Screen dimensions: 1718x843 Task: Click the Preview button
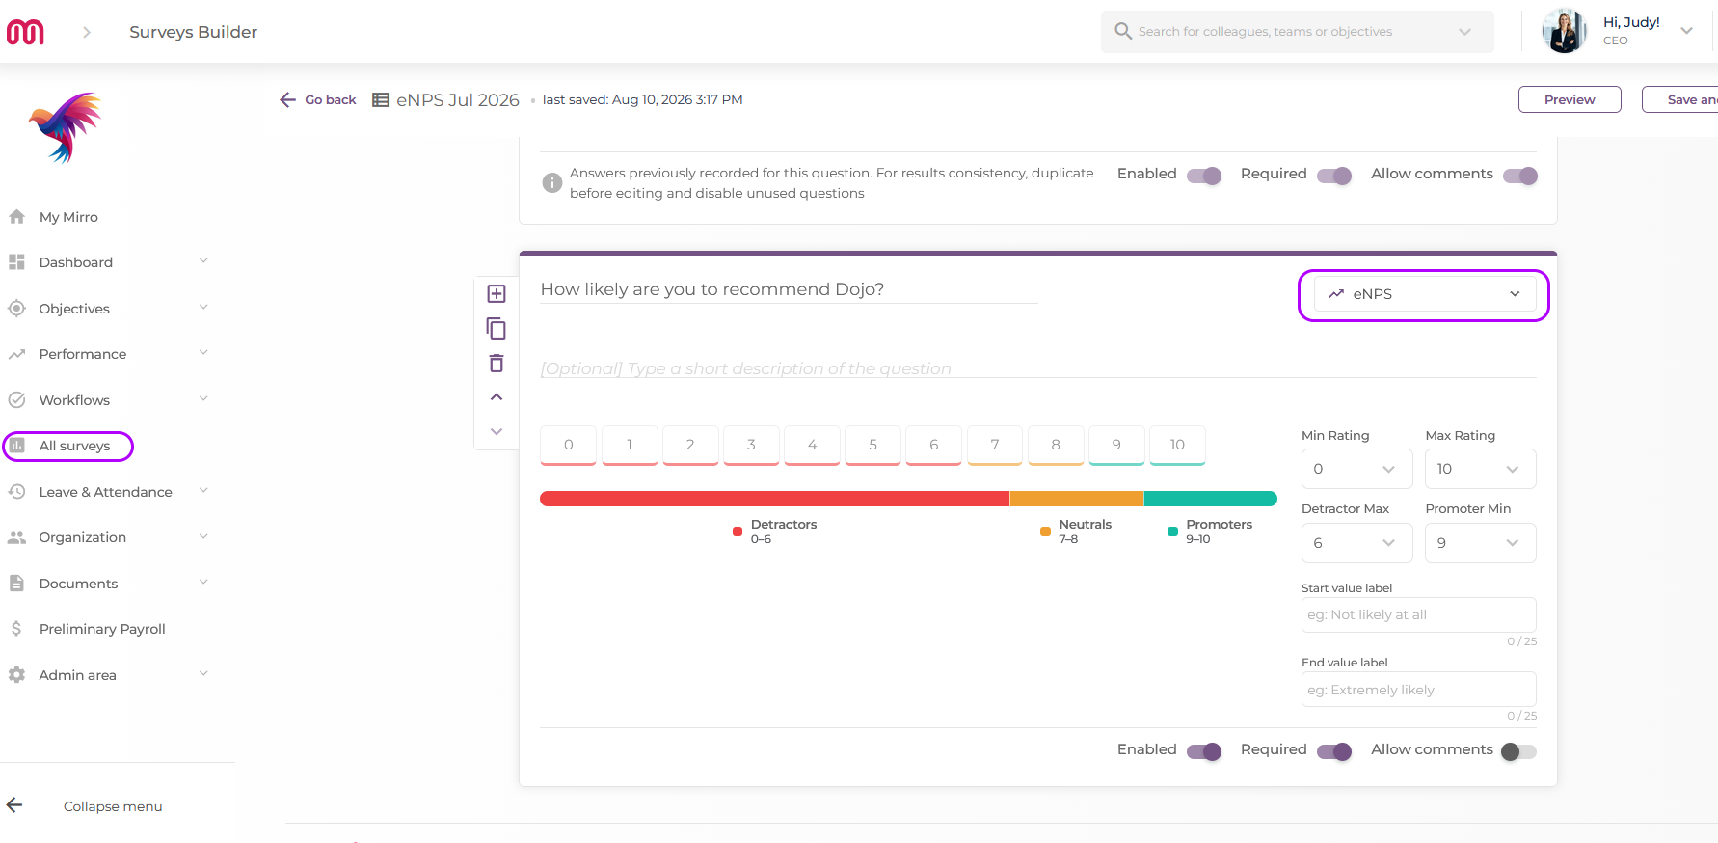coord(1570,99)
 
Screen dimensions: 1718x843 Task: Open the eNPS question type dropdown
coord(1424,294)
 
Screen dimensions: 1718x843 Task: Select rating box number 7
coord(995,446)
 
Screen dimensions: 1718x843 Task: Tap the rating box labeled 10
coord(1177,446)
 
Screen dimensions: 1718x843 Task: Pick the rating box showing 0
coord(569,446)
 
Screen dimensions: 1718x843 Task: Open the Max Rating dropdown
coord(1480,469)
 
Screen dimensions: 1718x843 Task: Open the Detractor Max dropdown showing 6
coord(1356,543)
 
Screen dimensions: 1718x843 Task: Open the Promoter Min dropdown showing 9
coord(1480,543)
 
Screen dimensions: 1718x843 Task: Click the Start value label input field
coord(1418,615)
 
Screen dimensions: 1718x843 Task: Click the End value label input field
coord(1418,690)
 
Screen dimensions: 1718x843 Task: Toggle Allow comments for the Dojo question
coord(1518,751)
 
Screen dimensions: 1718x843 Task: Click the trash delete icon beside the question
coord(497,364)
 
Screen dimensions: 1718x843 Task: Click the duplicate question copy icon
coord(497,329)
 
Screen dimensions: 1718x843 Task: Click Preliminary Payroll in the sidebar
coord(102,629)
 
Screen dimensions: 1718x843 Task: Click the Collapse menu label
coord(113,806)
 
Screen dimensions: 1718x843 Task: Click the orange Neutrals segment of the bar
coord(1077,499)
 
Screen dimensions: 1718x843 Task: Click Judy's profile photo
coord(1565,31)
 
